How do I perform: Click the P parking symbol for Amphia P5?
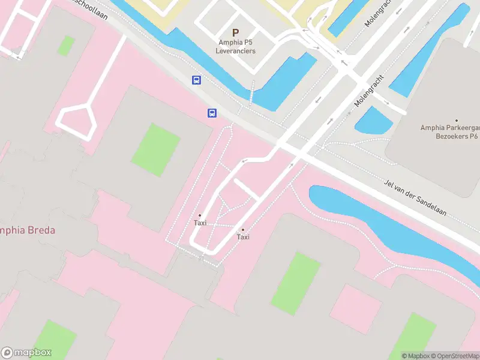coord(235,33)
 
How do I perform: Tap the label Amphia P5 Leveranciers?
coord(236,46)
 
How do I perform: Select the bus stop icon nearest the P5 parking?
coord(196,80)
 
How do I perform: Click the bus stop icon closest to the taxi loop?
coord(212,113)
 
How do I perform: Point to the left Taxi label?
coord(200,223)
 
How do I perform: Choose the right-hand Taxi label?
coord(243,237)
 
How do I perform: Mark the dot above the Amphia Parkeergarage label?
coord(456,121)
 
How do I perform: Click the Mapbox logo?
coord(26,353)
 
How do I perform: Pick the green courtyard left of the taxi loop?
coord(156,149)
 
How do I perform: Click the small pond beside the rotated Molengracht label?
coord(374,121)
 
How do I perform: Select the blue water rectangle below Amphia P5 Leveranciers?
coord(285,81)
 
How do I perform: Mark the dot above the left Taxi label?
coord(200,215)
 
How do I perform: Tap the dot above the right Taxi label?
coord(243,230)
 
